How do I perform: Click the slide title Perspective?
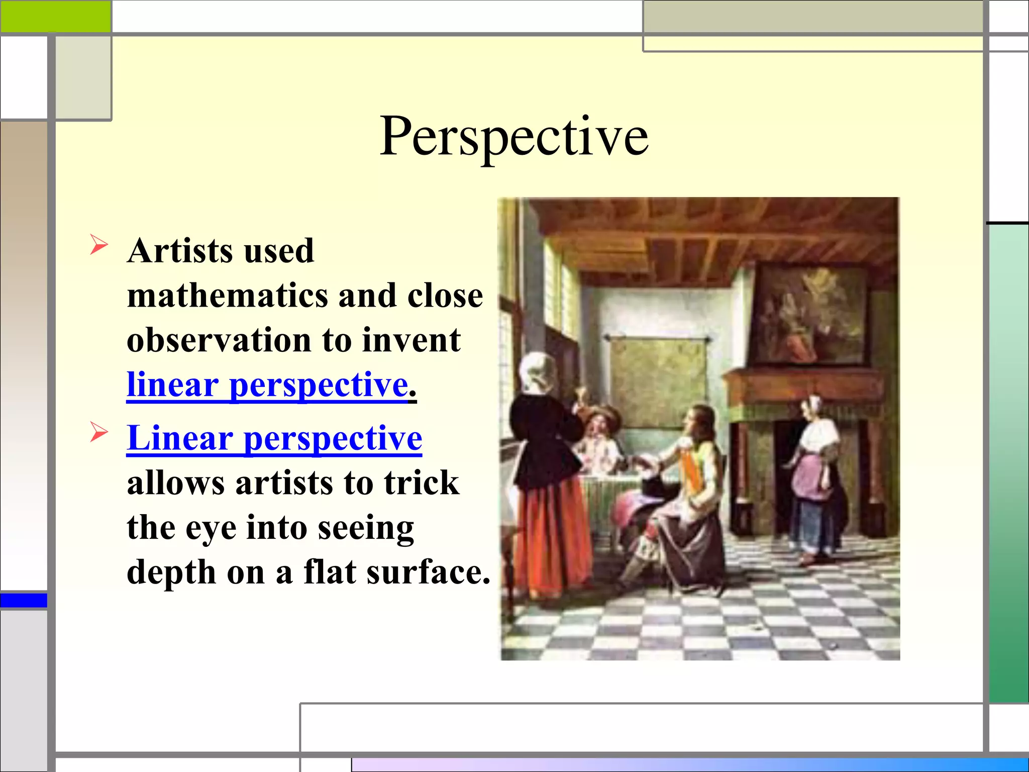tap(513, 137)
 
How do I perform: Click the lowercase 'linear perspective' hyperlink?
tap(268, 385)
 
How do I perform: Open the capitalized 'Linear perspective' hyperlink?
tap(274, 438)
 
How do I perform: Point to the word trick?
tap(422, 483)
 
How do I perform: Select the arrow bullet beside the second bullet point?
tap(98, 432)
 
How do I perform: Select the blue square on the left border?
tap(24, 600)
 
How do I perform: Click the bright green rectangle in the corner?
tap(55, 16)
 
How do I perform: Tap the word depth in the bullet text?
tap(171, 572)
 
